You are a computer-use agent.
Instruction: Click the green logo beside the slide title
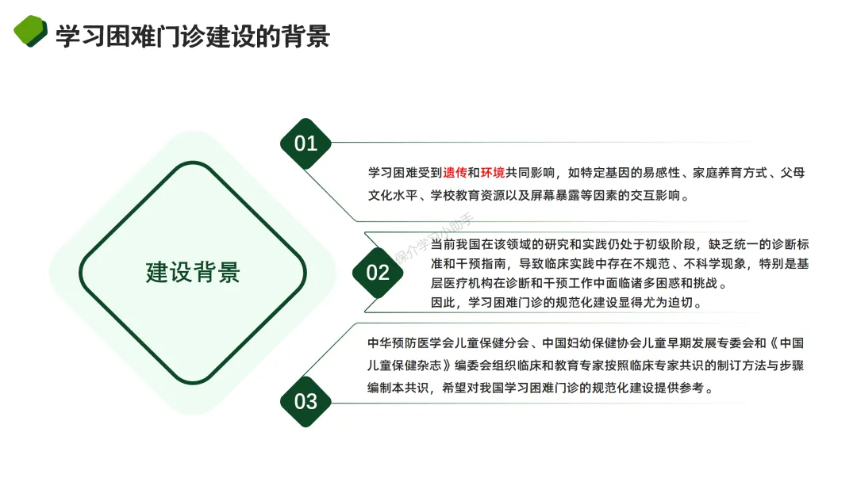click(x=30, y=32)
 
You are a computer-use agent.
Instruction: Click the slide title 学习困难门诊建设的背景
click(x=192, y=36)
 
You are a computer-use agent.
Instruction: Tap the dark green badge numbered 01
click(x=306, y=143)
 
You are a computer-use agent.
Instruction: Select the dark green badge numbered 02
click(x=378, y=273)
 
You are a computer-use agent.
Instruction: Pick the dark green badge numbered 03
click(x=306, y=401)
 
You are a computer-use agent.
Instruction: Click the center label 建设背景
click(x=193, y=273)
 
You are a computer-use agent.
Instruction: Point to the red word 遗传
click(x=455, y=172)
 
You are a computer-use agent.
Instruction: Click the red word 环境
click(x=493, y=172)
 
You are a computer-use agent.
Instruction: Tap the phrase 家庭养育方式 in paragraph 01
click(x=732, y=172)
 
